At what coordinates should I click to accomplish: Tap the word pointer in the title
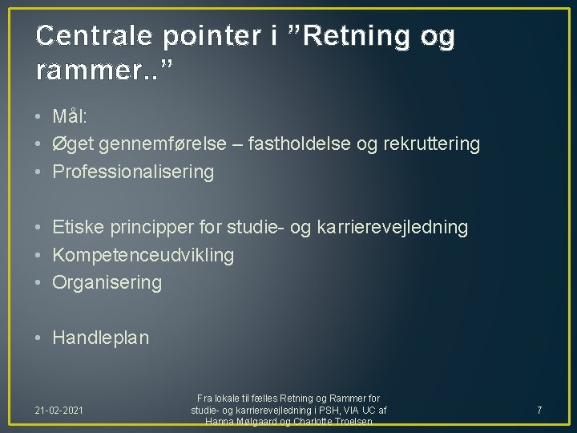[x=221, y=36]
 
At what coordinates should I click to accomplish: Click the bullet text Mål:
[x=71, y=116]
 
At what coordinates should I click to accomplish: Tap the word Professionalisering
[x=133, y=172]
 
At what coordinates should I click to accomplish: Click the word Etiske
[x=78, y=227]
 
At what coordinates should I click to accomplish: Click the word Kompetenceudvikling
[x=143, y=255]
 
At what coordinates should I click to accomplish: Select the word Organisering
[x=107, y=283]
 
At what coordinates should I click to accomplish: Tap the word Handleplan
[x=100, y=338]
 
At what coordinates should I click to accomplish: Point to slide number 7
[x=539, y=411]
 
